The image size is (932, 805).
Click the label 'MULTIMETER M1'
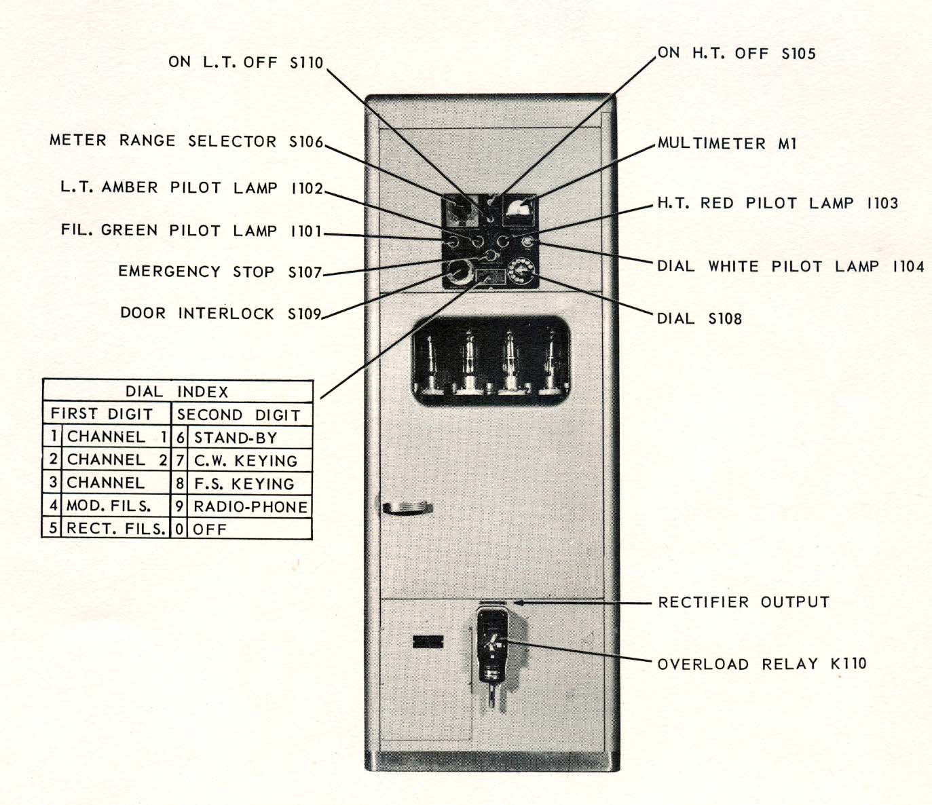click(726, 143)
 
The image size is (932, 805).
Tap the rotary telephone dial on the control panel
click(521, 271)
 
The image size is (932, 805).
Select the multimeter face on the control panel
click(519, 210)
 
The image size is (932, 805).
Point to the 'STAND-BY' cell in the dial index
click(235, 437)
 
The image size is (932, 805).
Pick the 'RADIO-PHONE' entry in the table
click(250, 506)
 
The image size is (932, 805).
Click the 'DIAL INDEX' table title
click(176, 392)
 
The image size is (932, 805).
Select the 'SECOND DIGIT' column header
click(238, 415)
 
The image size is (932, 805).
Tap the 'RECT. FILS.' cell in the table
click(115, 529)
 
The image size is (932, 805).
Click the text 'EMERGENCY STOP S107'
click(219, 272)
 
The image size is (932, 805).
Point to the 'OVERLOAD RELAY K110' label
click(762, 664)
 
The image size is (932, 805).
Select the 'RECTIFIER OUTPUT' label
click(743, 602)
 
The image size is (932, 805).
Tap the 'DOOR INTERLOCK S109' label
click(220, 313)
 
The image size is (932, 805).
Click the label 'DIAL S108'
click(698, 318)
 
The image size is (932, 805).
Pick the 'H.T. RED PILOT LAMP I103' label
click(777, 203)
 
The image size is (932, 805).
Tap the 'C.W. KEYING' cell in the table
click(245, 461)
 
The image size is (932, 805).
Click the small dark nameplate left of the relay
click(428, 641)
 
